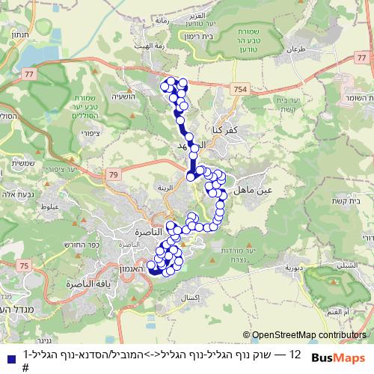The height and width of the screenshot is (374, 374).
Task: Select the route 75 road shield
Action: (25, 266)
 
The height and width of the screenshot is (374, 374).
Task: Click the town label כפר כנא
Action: (225, 129)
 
